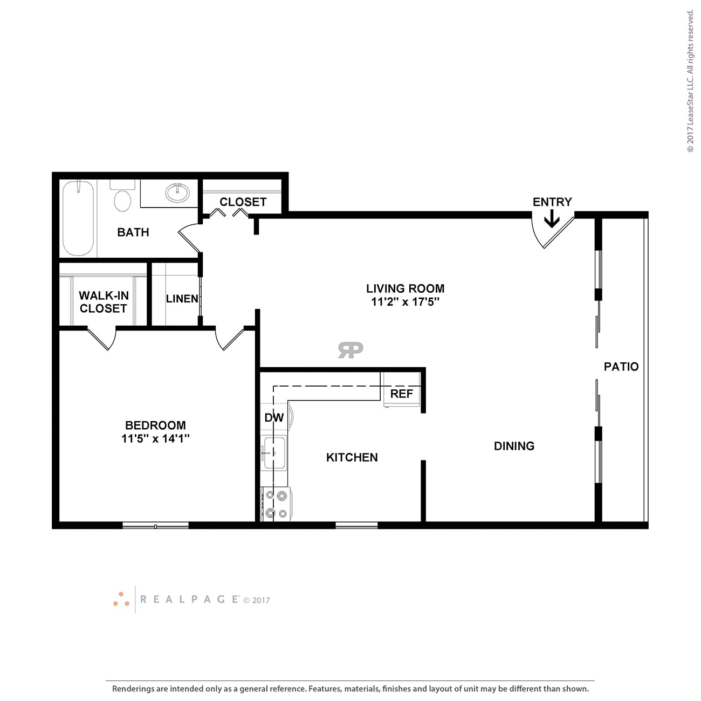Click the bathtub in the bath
point(78,218)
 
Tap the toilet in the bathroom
point(122,198)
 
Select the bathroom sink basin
point(177,193)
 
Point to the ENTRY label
point(552,202)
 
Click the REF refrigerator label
point(401,394)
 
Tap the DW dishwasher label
point(274,417)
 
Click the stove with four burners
point(276,504)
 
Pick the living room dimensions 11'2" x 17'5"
point(405,302)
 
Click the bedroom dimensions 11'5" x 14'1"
point(155,438)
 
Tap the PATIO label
point(621,367)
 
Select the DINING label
point(514,446)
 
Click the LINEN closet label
point(182,299)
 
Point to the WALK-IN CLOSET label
point(103,302)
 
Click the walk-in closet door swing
point(102,339)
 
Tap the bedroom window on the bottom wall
point(155,525)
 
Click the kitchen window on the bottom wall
point(356,525)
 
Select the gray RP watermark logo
point(350,350)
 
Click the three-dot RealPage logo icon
point(121,599)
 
